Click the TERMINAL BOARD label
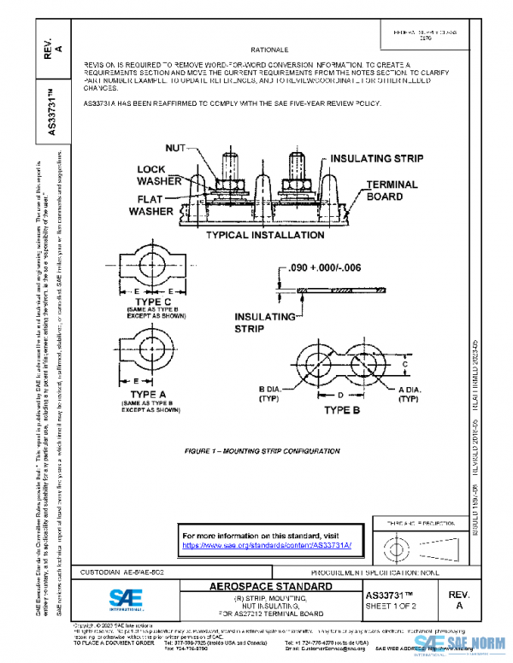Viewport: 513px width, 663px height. [x=392, y=190]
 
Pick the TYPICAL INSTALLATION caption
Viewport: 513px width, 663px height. [x=262, y=234]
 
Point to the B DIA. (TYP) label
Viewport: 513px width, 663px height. [x=274, y=394]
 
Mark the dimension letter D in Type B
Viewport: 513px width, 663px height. [x=339, y=396]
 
